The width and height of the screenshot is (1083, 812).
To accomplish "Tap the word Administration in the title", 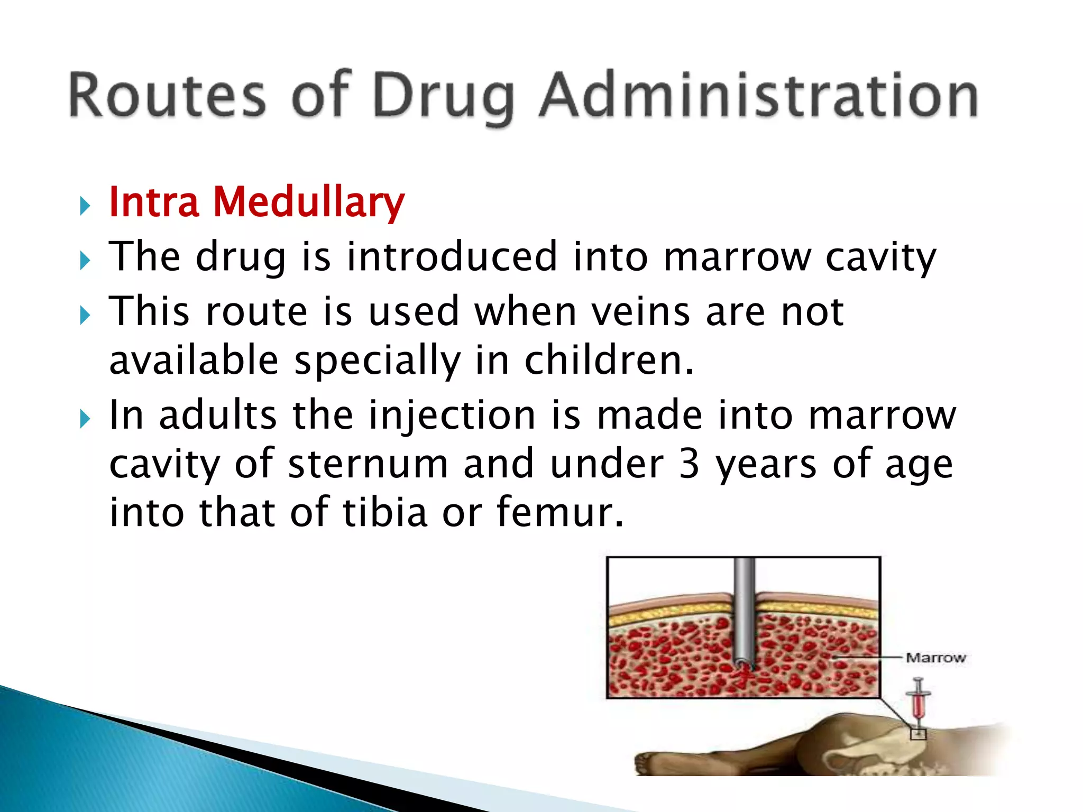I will tap(758, 95).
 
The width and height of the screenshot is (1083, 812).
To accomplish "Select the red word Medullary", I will tap(309, 203).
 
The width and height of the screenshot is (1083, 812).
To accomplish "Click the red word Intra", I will tap(154, 202).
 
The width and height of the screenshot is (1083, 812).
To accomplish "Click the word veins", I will tap(640, 311).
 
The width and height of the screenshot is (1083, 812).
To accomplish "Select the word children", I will tap(608, 361).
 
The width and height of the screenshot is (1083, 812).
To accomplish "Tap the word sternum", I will tap(368, 464).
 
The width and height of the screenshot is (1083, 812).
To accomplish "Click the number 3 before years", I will tap(689, 464).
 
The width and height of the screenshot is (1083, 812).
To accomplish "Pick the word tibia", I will tap(385, 512).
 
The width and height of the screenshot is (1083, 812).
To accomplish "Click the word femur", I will tap(559, 512).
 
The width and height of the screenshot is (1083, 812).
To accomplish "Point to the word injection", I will tap(452, 416).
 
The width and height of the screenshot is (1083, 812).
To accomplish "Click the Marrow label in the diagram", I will tap(935, 658).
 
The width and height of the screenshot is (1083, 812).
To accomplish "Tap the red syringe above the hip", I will tap(919, 701).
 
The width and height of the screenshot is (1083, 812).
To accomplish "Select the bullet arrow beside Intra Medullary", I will tap(85, 205).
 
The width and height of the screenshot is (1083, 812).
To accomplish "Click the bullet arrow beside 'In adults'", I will tap(85, 419).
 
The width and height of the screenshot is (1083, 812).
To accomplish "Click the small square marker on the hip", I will tap(918, 734).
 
